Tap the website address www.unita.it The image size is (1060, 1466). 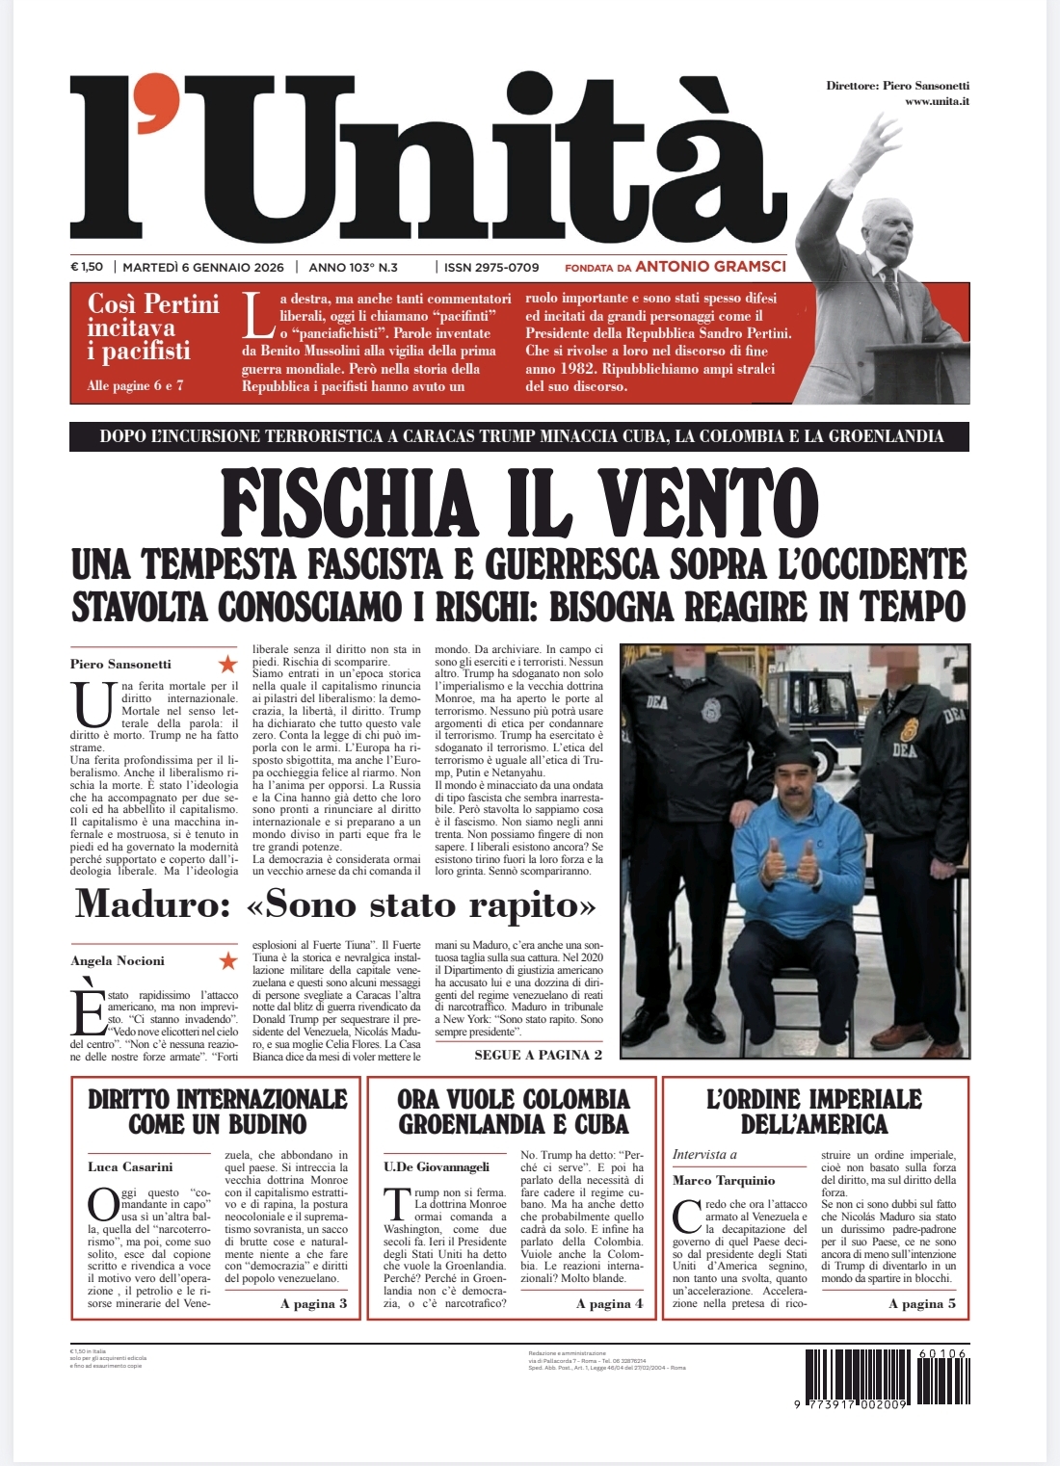[x=937, y=101]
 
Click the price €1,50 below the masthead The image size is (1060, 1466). [x=87, y=268]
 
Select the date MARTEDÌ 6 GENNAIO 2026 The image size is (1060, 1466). [x=203, y=268]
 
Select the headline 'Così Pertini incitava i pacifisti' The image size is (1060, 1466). [x=153, y=327]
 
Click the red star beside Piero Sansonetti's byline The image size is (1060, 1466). [x=227, y=664]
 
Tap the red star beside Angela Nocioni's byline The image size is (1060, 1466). [x=227, y=960]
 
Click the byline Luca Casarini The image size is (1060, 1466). [x=130, y=1166]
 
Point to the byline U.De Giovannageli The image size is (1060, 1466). [x=437, y=1166]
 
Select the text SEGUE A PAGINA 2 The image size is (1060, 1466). [x=538, y=1055]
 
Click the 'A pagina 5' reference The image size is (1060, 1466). [x=922, y=1303]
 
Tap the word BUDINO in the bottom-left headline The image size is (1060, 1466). [x=260, y=1124]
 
